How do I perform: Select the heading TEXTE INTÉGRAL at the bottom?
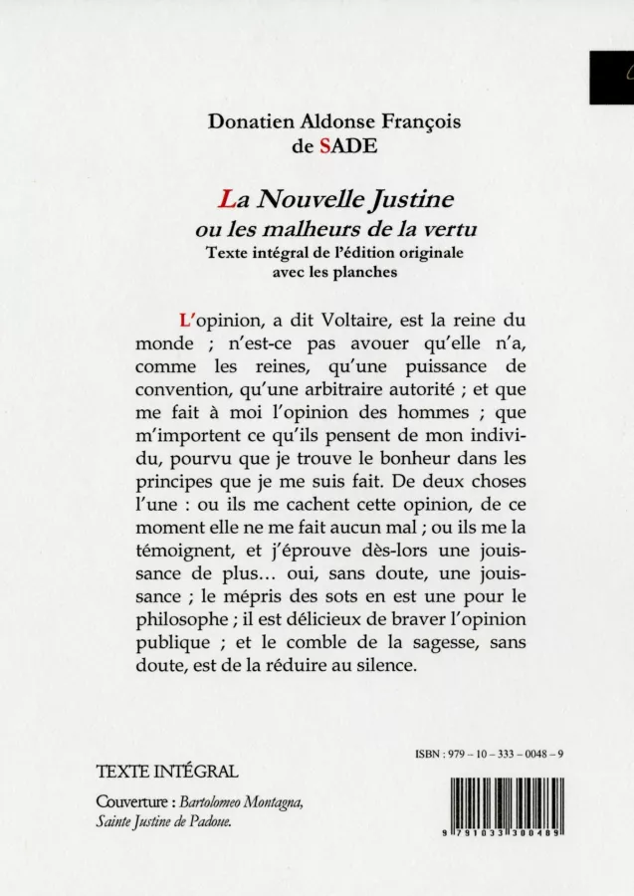pos(169,772)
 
